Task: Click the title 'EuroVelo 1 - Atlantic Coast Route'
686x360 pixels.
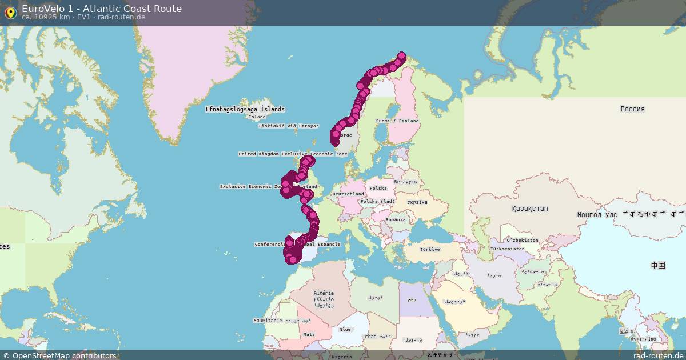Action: [102, 9]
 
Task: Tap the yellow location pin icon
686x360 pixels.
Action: [10, 13]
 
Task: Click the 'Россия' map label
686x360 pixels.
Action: [632, 109]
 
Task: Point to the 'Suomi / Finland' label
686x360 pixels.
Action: [397, 121]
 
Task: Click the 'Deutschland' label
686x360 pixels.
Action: [348, 194]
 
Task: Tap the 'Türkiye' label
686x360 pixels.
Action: [430, 249]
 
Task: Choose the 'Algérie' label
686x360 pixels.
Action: [324, 293]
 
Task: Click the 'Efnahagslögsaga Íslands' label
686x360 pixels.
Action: [245, 109]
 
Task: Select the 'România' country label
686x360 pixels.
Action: [396, 219]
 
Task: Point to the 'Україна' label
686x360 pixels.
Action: [417, 202]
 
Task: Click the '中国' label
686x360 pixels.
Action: [658, 265]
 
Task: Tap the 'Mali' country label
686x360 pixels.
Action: [309, 334]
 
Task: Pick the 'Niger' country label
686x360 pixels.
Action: [346, 329]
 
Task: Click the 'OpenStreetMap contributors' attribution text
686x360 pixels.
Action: [64, 355]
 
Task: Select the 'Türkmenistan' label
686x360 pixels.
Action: [507, 249]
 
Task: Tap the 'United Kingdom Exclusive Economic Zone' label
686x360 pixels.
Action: [293, 154]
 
